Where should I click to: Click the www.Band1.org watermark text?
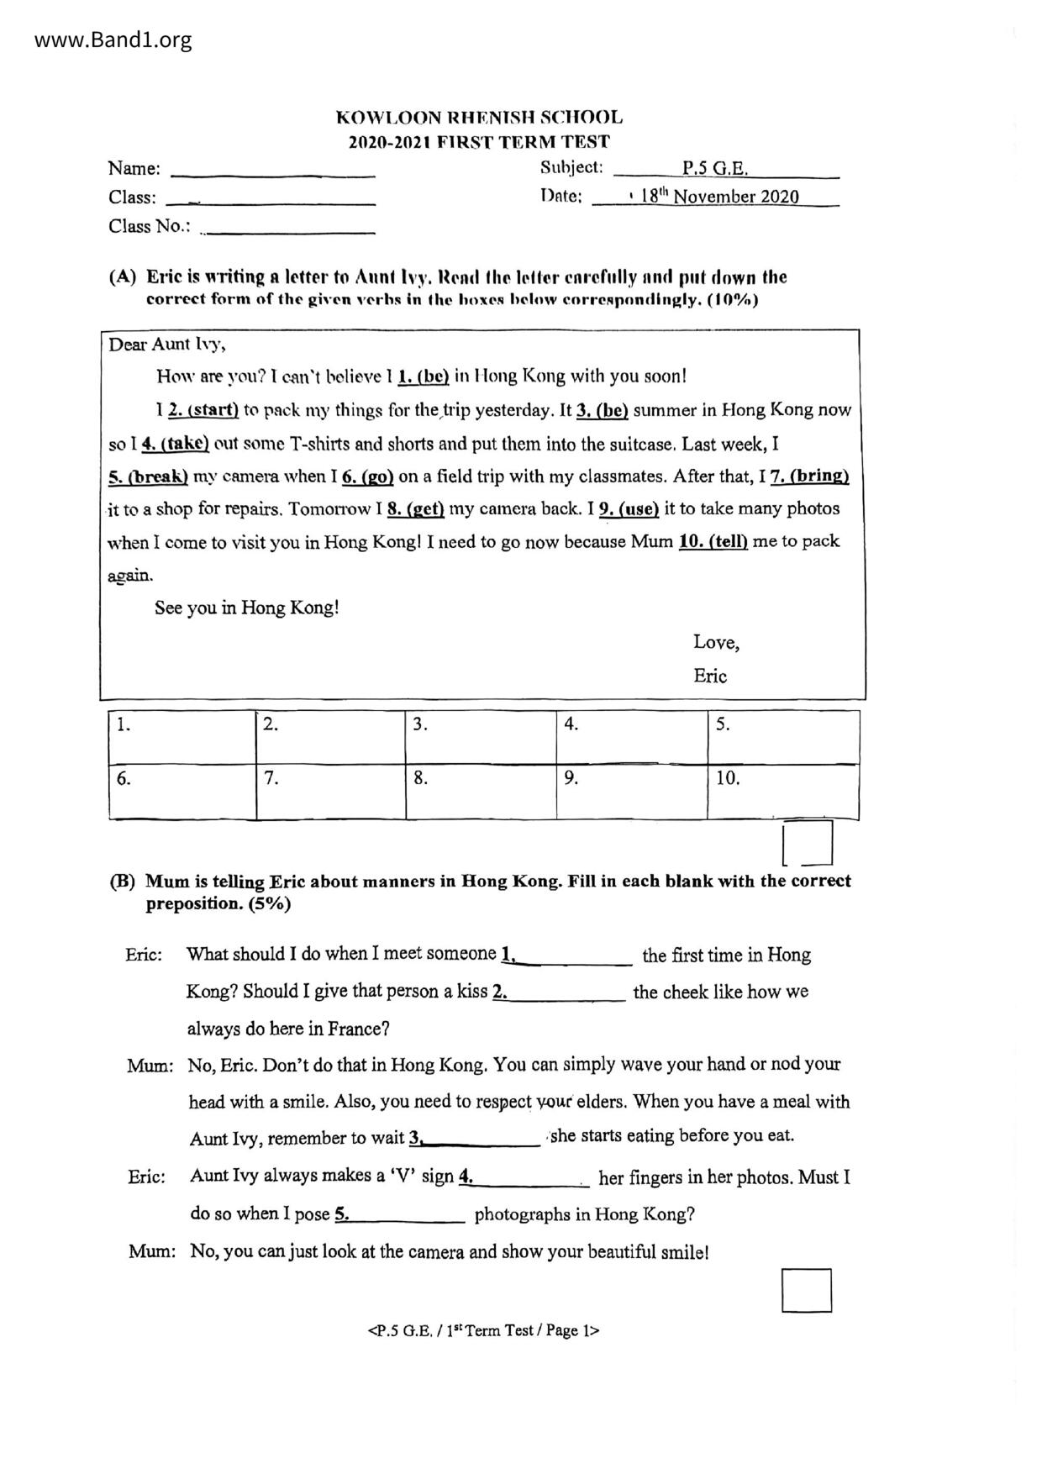coord(113,39)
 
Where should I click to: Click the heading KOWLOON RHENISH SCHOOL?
coord(479,118)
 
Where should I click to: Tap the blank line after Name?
coord(273,171)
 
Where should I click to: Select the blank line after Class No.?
coord(287,228)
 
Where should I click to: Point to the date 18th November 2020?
coord(719,197)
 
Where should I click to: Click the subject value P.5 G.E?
coord(714,168)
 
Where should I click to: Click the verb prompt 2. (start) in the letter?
coord(203,411)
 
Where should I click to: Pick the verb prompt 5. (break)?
coord(148,476)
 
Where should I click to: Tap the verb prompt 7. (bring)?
coord(809,476)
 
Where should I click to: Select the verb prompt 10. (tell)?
coord(713,541)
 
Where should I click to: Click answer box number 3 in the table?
coord(480,737)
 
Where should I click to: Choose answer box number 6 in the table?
coord(182,791)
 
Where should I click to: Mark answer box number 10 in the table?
coord(782,791)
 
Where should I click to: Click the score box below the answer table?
coord(808,843)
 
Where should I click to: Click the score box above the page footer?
coord(807,1290)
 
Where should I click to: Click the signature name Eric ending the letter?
coord(710,676)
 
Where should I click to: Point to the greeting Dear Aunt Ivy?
coord(167,345)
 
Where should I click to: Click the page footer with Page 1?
coord(484,1330)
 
